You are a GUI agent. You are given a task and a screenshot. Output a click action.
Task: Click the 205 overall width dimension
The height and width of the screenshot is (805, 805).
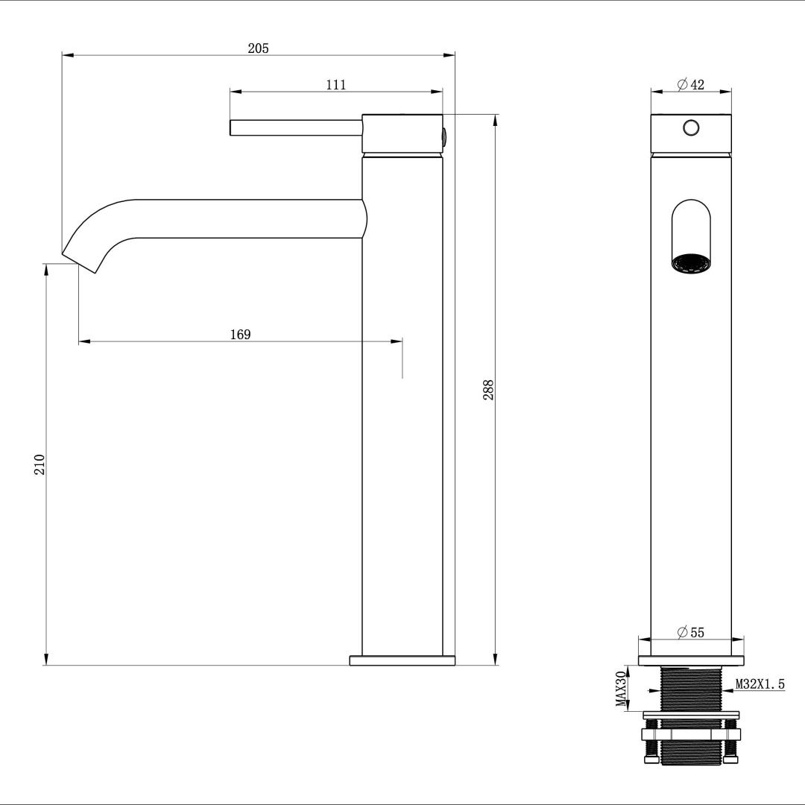(258, 48)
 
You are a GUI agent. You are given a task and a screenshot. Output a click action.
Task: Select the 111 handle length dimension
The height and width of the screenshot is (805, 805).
(336, 85)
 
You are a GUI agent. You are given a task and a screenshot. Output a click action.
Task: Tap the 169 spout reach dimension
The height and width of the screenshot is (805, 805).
(240, 335)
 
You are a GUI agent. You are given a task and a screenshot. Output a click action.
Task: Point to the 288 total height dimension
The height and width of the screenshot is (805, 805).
(488, 390)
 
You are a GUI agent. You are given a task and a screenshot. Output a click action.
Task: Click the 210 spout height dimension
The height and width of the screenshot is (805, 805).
(40, 464)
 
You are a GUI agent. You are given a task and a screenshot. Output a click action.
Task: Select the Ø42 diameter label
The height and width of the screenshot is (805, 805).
(691, 85)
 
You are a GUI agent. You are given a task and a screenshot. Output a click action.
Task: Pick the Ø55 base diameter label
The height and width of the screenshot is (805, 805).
(691, 633)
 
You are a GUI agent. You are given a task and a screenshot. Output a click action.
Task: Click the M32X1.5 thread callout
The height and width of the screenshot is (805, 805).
(760, 684)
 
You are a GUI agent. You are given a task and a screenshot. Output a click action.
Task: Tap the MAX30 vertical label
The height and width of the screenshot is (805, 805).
(620, 689)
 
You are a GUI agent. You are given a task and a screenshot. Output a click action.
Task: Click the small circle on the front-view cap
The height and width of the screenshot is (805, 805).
(691, 127)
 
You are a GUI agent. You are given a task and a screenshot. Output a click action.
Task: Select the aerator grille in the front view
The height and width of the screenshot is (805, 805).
(691, 263)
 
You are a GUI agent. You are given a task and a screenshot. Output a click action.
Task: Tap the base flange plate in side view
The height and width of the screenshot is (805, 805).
(402, 660)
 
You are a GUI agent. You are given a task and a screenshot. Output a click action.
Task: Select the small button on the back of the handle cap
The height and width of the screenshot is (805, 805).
(445, 136)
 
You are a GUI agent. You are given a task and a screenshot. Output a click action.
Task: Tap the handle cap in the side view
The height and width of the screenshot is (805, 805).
(402, 133)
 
